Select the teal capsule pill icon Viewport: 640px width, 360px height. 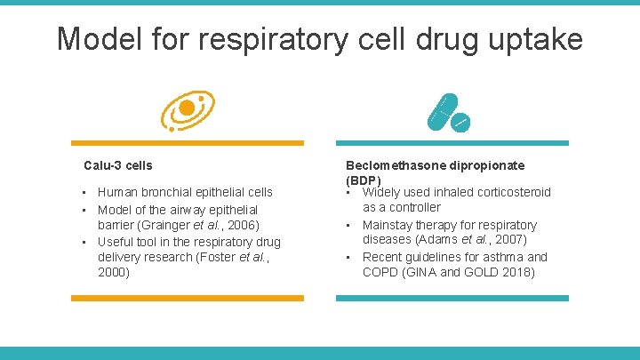(441, 109)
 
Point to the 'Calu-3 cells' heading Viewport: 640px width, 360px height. (118, 165)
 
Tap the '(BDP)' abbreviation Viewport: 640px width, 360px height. (364, 180)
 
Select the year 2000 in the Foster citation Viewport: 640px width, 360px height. (113, 273)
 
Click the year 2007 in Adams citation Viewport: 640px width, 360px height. (509, 240)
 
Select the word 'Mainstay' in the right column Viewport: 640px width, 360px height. (388, 225)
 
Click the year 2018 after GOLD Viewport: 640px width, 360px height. (519, 273)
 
